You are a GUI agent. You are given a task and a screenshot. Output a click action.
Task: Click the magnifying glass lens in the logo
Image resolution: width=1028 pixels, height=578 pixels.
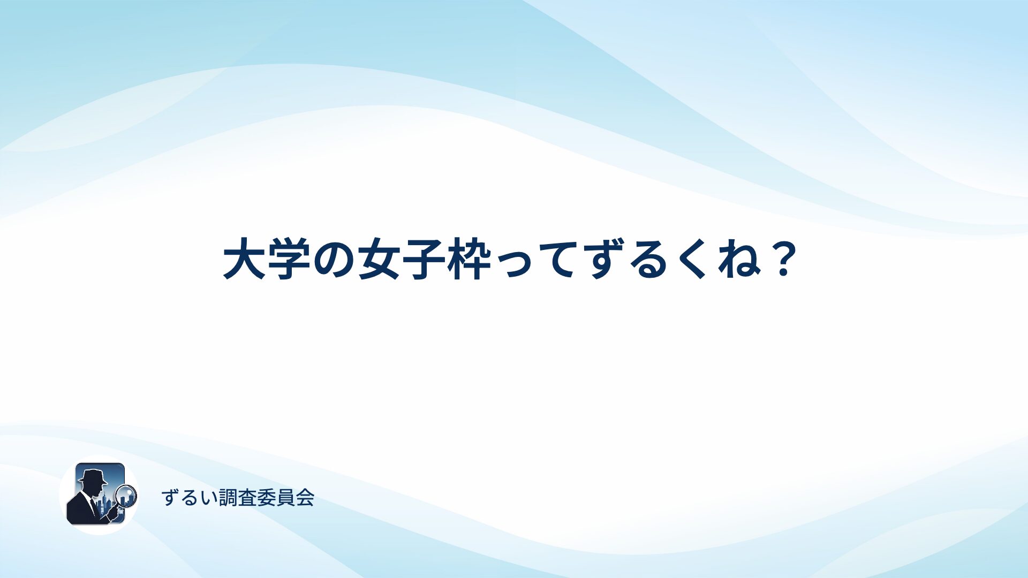point(126,495)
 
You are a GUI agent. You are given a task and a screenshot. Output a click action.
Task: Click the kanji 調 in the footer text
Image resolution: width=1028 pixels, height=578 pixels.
point(228,498)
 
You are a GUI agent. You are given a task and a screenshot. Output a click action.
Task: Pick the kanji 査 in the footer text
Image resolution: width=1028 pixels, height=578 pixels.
point(247,498)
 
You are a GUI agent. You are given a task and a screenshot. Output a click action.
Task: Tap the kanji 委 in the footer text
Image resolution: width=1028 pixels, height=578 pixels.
point(266,498)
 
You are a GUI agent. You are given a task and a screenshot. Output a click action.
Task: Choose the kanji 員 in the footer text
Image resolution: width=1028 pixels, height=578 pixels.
point(285,498)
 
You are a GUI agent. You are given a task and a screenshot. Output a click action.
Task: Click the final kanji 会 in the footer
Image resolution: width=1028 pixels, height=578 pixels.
point(305,498)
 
